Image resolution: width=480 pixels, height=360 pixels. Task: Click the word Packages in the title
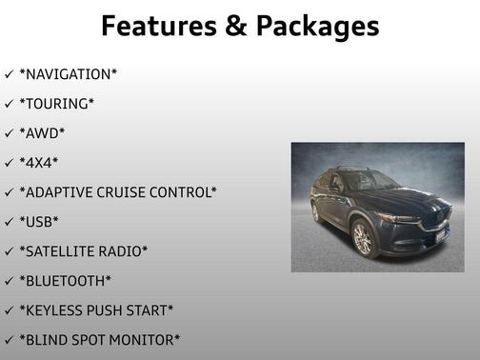point(310,27)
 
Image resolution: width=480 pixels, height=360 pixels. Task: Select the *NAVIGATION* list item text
point(69,73)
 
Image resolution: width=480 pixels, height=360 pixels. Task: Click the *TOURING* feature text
point(57,103)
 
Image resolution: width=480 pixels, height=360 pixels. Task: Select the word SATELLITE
point(63,251)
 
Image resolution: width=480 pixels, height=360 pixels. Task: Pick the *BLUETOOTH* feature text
point(65,281)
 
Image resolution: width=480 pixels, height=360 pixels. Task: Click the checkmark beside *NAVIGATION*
point(9,73)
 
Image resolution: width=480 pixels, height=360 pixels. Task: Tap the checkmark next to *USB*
point(9,222)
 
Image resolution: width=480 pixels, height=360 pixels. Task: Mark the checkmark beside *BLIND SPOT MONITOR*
point(9,340)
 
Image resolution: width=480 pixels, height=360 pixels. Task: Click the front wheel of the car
point(363,239)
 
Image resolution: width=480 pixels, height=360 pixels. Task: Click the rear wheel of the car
point(315,212)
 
